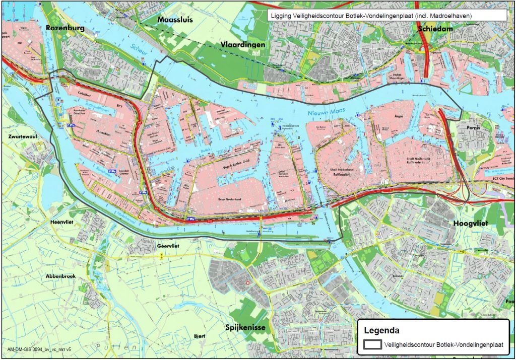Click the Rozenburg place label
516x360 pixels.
click(64, 28)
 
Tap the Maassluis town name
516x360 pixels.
click(175, 20)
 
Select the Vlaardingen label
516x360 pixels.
click(243, 45)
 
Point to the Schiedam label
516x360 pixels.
click(435, 29)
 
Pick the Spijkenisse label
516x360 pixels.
click(245, 327)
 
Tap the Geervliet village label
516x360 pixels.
click(169, 246)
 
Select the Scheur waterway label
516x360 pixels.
click(138, 49)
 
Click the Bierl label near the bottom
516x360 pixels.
click(200, 335)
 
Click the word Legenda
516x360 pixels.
click(381, 331)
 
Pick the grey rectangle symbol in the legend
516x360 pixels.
click(372, 345)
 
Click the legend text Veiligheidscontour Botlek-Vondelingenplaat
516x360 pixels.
click(443, 345)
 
